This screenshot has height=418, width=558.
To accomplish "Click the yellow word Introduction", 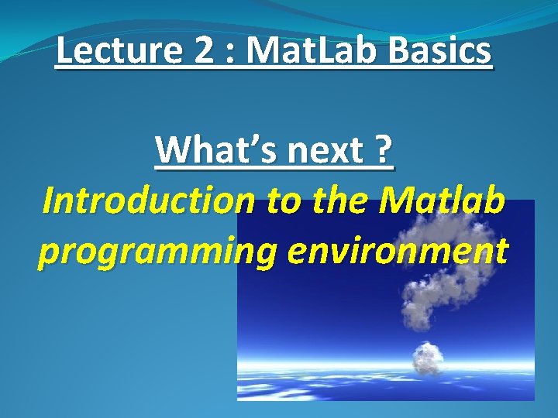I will [148, 200].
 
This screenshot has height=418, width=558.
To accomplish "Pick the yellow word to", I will [283, 201].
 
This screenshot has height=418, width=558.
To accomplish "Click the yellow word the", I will [340, 200].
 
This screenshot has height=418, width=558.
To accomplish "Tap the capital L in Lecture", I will [66, 52].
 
